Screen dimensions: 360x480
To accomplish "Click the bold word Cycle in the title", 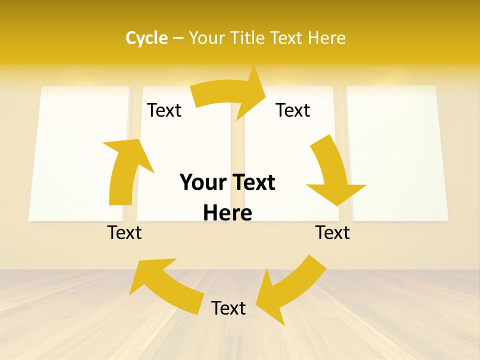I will point(146,38).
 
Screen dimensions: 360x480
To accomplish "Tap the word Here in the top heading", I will point(327,38).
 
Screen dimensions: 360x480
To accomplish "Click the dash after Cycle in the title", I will point(178,38).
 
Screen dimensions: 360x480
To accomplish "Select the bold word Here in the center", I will point(227,213).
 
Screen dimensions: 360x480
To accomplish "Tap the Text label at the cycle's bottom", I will point(228,308).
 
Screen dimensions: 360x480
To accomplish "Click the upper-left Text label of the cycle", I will point(164,110).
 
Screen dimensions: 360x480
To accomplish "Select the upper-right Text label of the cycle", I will point(293,110).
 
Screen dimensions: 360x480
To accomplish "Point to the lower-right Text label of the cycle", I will point(332,232).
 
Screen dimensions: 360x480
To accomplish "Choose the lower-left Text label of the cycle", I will point(124,232).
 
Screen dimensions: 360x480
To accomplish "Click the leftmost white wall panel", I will point(77,152).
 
